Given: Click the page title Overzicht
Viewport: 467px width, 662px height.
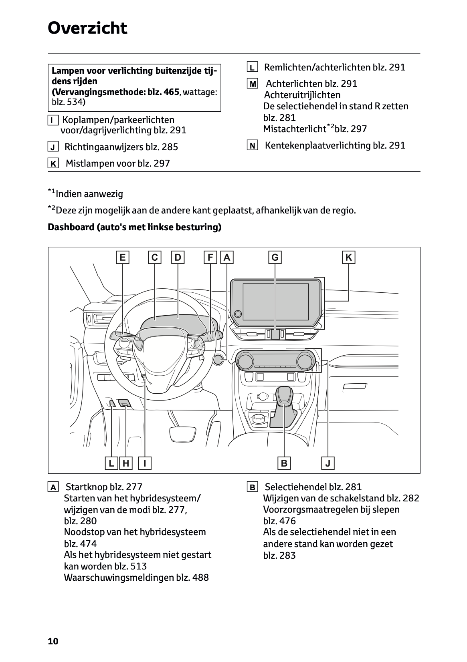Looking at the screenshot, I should point(87,28).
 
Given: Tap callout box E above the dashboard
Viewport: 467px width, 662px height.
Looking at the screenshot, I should point(122,258).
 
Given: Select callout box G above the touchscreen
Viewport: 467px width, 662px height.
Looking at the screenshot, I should point(275,258).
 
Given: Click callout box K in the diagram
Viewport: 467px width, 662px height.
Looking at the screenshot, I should point(348,258).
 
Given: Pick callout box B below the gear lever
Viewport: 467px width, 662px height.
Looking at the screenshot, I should point(284,463).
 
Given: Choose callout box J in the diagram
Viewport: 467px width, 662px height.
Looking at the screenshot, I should point(328,463).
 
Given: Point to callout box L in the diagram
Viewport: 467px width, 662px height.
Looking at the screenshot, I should point(111,463).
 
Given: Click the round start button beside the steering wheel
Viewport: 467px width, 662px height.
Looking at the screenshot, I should point(219,359).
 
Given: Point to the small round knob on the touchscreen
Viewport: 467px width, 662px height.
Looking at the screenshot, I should point(238,314).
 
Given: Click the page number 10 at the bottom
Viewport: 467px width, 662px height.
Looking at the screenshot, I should point(53,641).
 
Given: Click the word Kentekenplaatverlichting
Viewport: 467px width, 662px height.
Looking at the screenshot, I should point(317,145).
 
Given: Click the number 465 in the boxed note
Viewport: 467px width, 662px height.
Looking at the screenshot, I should point(172,92).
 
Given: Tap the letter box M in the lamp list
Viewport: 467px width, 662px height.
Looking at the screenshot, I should point(253,84).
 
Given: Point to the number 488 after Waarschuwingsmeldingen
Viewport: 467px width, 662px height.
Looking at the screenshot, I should point(200,577).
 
